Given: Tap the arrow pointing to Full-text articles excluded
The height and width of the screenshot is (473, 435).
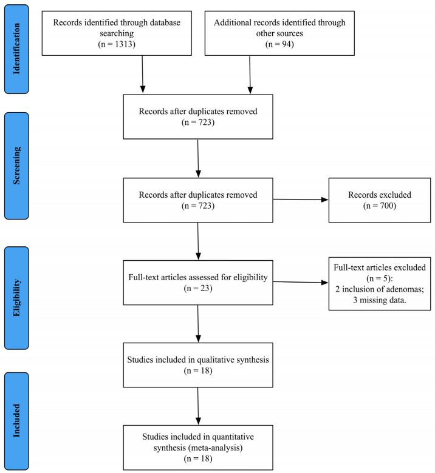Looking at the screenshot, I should coord(301,281).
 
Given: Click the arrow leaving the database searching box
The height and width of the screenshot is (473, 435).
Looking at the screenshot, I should coord(142,73).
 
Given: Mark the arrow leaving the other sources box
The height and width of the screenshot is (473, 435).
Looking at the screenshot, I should coord(250,73).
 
